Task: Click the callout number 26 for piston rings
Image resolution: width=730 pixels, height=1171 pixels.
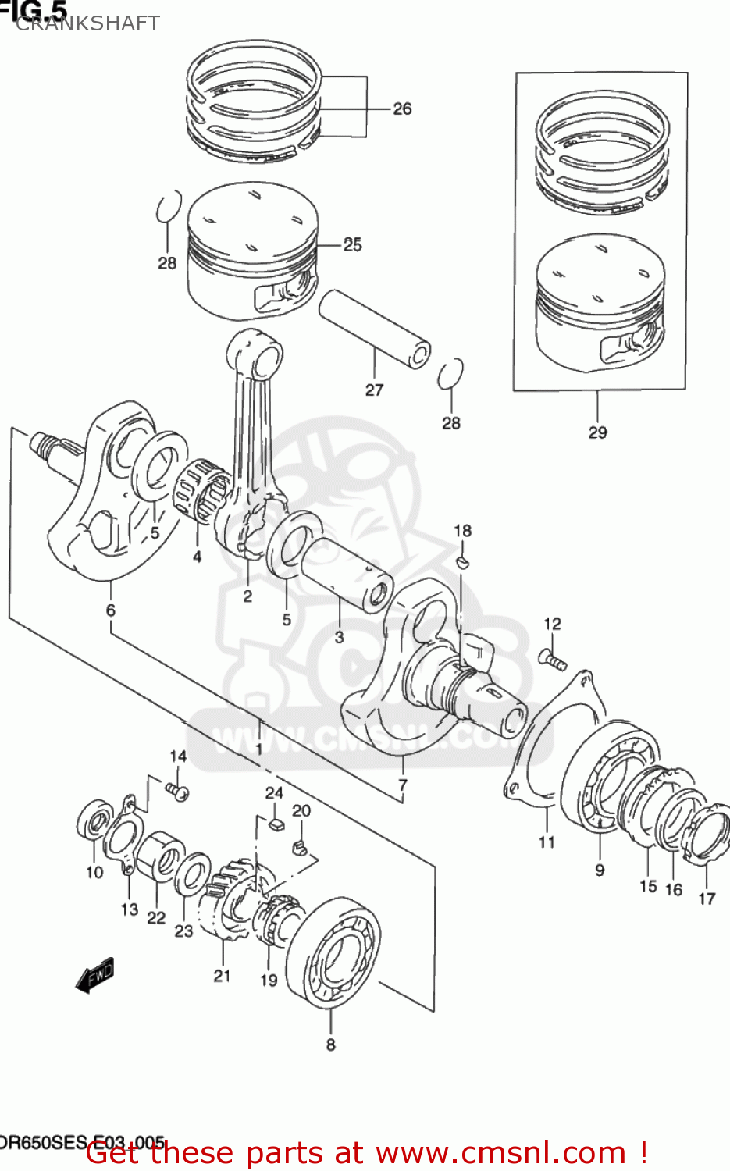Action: (402, 109)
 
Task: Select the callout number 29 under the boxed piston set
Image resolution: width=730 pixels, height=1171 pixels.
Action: (597, 432)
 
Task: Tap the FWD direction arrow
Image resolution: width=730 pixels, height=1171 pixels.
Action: (95, 975)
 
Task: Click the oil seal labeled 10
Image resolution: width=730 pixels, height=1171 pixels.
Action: (94, 821)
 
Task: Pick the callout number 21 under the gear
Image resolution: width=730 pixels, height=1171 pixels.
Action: (223, 975)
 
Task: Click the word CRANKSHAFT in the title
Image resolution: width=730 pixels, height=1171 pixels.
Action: (87, 23)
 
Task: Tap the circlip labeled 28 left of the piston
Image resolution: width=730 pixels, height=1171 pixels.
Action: (169, 208)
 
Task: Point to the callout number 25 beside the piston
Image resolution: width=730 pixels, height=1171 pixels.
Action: (353, 244)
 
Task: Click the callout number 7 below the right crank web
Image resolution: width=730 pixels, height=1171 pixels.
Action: (403, 785)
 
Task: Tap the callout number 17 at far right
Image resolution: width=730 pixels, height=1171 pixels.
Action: (707, 899)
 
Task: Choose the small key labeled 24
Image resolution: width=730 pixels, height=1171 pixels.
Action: (275, 823)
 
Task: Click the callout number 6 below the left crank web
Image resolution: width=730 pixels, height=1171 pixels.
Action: (111, 610)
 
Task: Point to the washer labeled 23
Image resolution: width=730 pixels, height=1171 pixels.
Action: (191, 874)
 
